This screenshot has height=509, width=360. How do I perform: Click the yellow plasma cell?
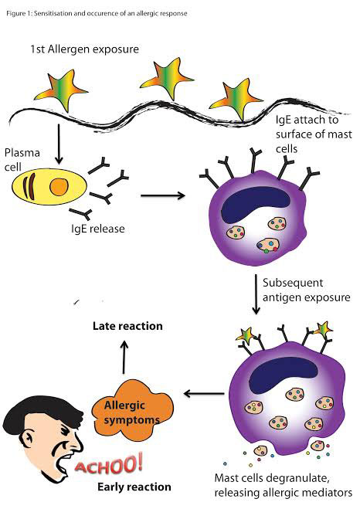pyautogui.click(x=49, y=187)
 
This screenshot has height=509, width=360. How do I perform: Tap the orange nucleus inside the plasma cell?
pyautogui.click(x=59, y=187)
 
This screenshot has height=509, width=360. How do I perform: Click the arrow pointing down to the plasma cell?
pyautogui.click(x=59, y=144)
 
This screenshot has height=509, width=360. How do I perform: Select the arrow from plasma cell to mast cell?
pyautogui.click(x=163, y=195)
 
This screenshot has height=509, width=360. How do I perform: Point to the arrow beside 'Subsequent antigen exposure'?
pyautogui.click(x=256, y=294)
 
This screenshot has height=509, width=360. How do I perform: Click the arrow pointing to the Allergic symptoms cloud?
pyautogui.click(x=204, y=394)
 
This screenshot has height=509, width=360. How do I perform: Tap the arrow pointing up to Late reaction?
pyautogui.click(x=124, y=357)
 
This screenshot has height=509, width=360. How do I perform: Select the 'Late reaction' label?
pyautogui.click(x=127, y=326)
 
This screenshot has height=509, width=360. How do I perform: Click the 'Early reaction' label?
pyautogui.click(x=134, y=487)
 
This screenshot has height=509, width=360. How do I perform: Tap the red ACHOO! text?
pyautogui.click(x=108, y=464)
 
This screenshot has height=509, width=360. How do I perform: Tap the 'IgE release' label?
pyautogui.click(x=97, y=229)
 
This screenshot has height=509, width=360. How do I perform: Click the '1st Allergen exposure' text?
pyautogui.click(x=84, y=49)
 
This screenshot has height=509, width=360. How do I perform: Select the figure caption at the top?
pyautogui.click(x=97, y=14)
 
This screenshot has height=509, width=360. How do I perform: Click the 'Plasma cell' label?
pyautogui.click(x=22, y=160)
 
